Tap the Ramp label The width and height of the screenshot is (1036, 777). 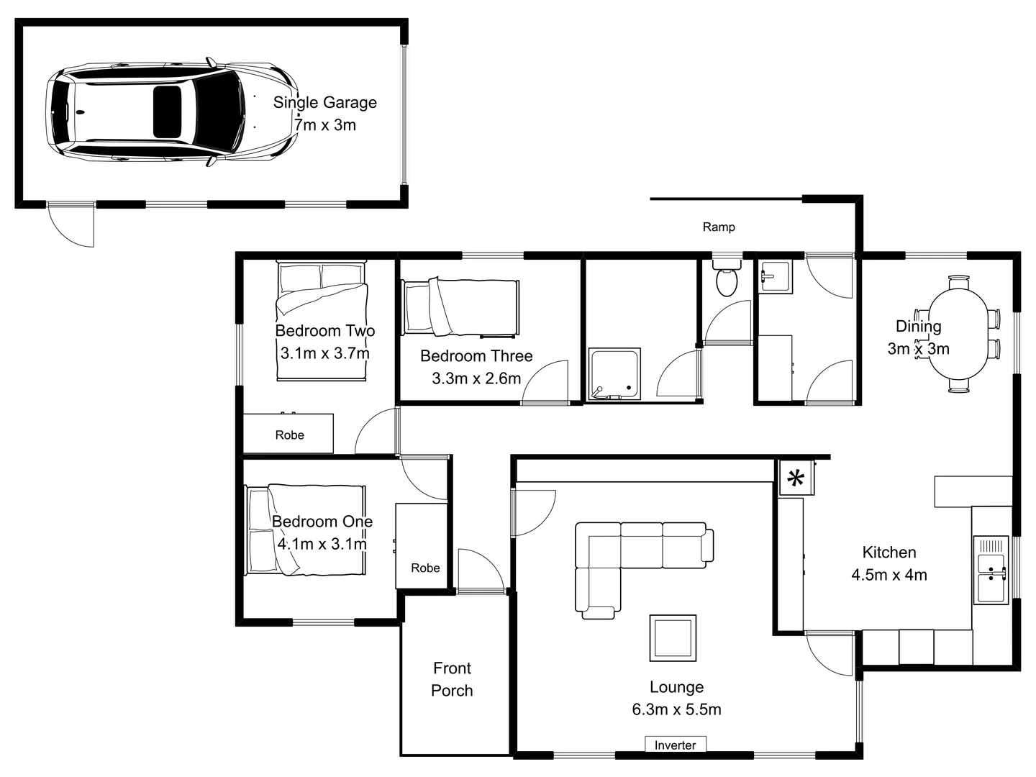point(718,227)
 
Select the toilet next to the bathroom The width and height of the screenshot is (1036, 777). point(727,281)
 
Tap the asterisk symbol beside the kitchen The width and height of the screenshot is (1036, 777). point(796,478)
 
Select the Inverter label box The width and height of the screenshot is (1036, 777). point(675,745)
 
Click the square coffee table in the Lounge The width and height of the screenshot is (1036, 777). point(673,637)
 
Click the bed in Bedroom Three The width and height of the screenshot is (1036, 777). point(461,307)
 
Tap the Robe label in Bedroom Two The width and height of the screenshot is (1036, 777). point(289,435)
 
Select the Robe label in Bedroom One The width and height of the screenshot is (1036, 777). point(425,568)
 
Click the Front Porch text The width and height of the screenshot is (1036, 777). point(452,680)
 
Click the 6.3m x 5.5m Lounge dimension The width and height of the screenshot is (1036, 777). point(676,710)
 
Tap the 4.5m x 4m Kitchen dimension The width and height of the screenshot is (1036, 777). point(889,576)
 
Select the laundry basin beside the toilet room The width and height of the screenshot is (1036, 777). point(774,276)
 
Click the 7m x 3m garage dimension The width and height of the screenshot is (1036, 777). point(325,125)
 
